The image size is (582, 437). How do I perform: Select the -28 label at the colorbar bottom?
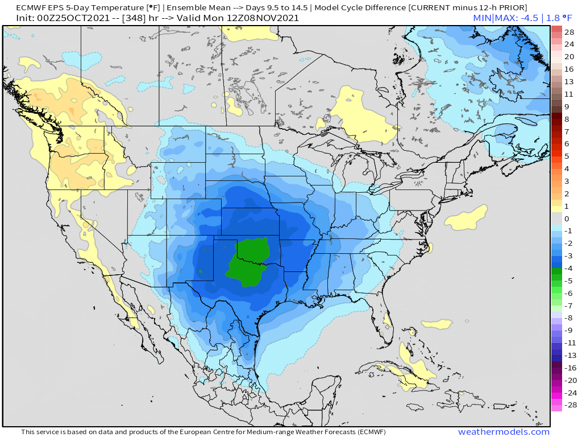coord(568,405)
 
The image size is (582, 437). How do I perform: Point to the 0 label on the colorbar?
coord(566,218)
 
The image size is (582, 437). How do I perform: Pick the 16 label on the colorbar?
coord(569,69)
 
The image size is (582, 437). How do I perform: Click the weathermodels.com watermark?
coord(504,432)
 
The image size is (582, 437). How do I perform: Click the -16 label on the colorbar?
coord(568,368)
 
